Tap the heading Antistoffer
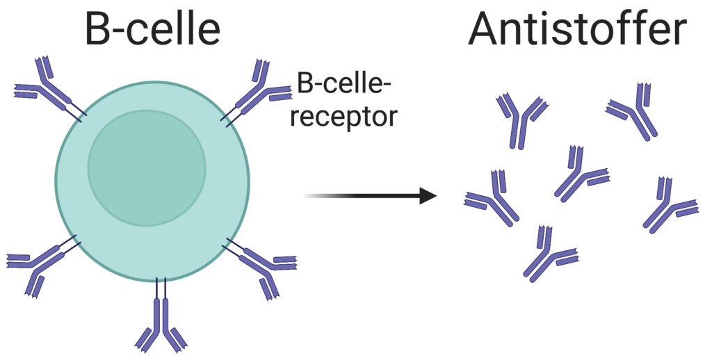point(577,29)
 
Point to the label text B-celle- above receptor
point(343,85)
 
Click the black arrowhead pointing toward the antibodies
point(428,196)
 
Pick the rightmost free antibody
point(667,206)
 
